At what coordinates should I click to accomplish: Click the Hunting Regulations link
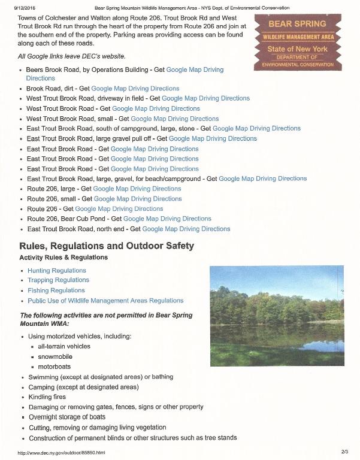point(57,270)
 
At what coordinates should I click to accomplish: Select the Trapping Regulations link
point(58,280)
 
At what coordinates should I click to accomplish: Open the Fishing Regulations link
point(56,290)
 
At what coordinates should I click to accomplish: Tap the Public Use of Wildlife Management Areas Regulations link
point(105,301)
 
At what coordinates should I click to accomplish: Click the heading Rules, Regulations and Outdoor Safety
point(107,246)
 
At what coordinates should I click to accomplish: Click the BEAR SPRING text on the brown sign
point(297,25)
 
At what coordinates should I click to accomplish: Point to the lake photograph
point(277,316)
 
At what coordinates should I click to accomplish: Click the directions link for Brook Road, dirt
point(135,89)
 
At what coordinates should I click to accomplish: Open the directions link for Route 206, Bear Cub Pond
point(167,219)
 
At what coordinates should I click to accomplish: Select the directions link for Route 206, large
point(137,189)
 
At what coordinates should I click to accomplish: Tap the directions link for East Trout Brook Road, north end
point(186,229)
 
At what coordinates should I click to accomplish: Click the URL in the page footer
point(62,452)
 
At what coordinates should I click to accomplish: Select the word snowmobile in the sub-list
point(56,356)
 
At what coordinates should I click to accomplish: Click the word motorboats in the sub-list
point(55,367)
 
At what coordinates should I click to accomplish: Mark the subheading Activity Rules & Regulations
point(63,258)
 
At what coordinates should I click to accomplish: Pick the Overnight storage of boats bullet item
point(67,417)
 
